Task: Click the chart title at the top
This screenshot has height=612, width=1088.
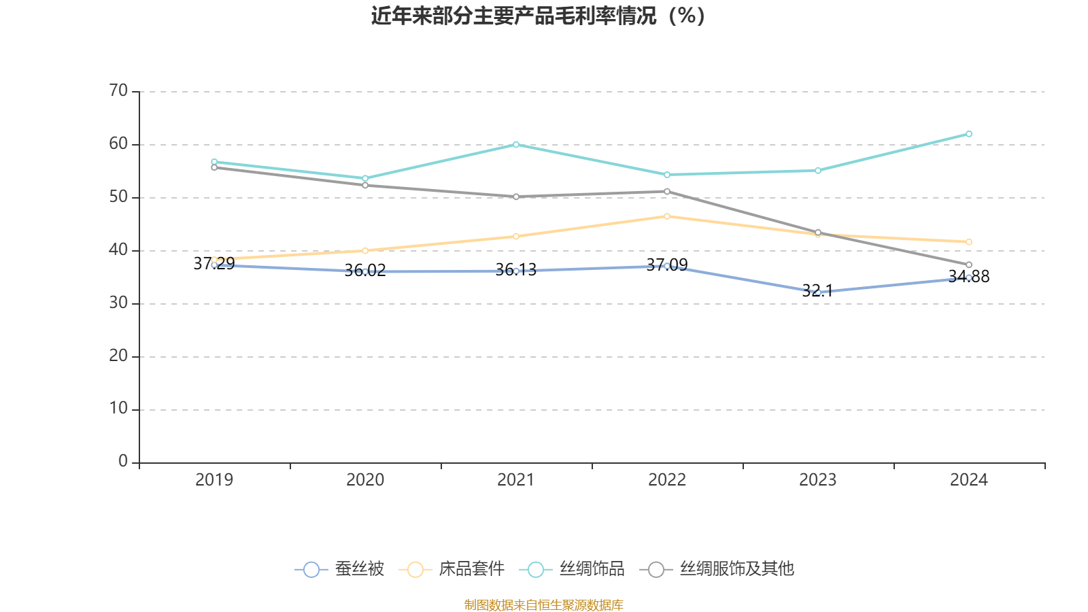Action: coord(538,16)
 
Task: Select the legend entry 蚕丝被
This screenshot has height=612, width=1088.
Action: coord(339,569)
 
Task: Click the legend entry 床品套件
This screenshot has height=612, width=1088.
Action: coord(452,569)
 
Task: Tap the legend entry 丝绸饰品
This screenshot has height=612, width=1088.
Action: coord(572,569)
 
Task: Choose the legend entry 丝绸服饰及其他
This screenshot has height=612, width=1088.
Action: coord(717,569)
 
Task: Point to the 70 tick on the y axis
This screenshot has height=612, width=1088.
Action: coord(118,91)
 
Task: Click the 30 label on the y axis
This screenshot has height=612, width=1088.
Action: coord(118,303)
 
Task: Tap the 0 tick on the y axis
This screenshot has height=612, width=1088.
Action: coord(123,462)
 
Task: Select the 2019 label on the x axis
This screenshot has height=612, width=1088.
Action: coord(214,480)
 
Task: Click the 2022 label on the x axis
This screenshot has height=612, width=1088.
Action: coord(667,480)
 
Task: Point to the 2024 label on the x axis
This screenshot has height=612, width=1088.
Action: coord(969,480)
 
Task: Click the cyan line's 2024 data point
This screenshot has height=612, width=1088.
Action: coord(969,134)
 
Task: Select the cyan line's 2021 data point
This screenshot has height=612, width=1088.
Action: coord(516,144)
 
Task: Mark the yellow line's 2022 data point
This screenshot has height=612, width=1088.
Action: coord(667,216)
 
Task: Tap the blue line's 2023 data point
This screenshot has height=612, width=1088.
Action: coord(818,292)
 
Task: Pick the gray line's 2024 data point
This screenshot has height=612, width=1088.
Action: coord(969,265)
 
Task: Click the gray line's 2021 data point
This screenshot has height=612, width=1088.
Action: coord(516,197)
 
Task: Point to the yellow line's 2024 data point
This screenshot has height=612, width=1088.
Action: coord(969,242)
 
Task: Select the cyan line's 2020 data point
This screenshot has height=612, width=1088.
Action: coord(365,178)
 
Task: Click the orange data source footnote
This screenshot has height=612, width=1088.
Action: coord(543,605)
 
